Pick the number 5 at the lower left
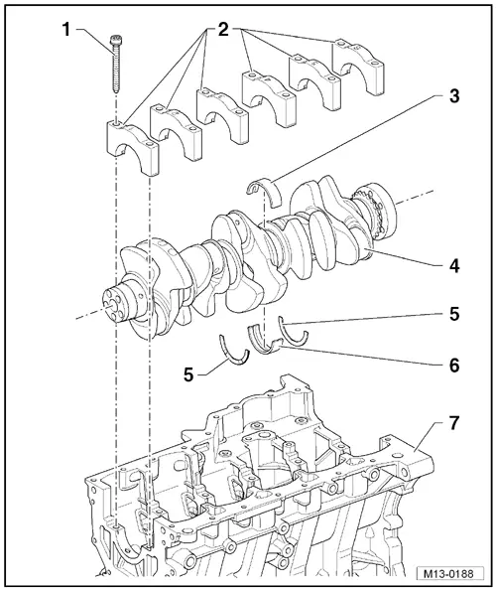pos(189,373)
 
